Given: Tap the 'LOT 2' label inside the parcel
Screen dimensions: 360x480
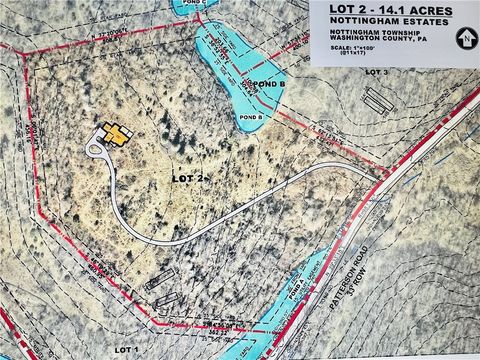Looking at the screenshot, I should coord(187,177).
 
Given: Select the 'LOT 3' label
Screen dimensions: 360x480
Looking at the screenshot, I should coord(378,73).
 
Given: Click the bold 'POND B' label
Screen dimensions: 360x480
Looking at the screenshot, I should coord(269,84).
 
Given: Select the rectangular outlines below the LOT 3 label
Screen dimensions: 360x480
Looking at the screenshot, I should coord(375,100).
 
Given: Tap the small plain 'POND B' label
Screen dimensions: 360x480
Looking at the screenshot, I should coord(252,118).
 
